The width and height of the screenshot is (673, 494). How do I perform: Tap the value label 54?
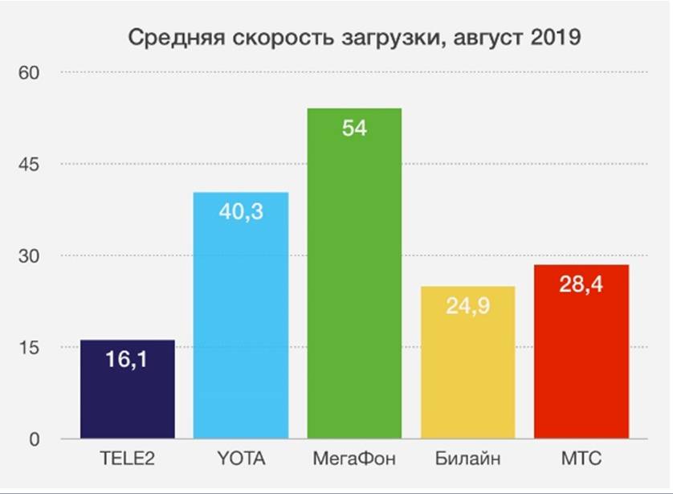(354, 128)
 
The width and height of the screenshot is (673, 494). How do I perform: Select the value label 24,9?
(467, 306)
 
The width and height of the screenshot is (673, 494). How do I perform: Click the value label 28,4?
(581, 284)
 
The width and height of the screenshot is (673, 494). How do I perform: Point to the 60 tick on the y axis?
(29, 72)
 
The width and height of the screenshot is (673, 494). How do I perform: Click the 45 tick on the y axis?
(29, 164)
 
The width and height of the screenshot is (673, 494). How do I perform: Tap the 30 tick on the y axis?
(29, 255)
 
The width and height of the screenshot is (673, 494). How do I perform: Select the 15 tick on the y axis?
(29, 347)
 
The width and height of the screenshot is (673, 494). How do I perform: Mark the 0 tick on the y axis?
(34, 439)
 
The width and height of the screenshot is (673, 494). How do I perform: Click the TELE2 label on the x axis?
(128, 460)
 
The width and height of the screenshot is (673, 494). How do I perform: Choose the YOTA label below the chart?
(241, 460)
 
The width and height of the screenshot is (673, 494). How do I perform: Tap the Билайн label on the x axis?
(467, 460)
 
